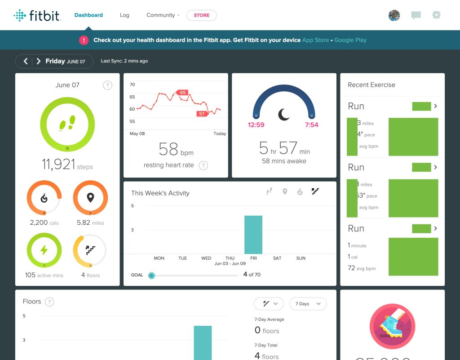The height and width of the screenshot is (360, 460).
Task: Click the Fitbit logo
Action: pos(37,16)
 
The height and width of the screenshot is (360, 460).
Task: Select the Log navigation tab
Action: pos(124,15)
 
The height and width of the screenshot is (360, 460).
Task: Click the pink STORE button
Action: pos(201,15)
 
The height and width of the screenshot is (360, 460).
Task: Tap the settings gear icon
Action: pos(436,15)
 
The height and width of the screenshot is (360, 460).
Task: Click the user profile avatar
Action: pos(394,15)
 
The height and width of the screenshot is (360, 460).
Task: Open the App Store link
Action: pos(315,40)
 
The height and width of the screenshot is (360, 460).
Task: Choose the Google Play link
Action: pos(350,40)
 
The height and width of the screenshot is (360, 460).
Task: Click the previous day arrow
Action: pos(26,61)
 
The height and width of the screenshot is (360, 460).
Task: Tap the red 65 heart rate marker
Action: pos(182,93)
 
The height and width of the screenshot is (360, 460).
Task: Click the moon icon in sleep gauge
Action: pos(284,115)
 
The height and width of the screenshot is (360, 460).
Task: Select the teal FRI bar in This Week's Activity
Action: pos(253,235)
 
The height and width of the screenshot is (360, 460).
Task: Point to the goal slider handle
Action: pos(151,275)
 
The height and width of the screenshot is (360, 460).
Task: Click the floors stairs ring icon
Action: pos(90,250)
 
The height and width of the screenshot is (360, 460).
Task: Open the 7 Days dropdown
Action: pos(308,304)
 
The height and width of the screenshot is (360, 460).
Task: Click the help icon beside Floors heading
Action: pos(49,302)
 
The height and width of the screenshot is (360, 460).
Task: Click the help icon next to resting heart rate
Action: pos(203,165)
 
